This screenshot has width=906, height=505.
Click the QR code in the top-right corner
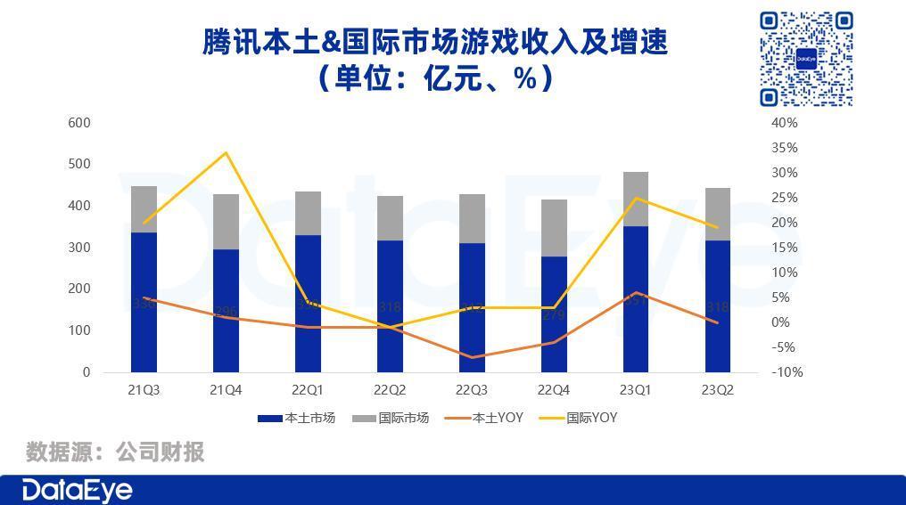pyautogui.click(x=806, y=59)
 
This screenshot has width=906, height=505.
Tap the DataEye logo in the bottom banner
pyautogui.click(x=77, y=491)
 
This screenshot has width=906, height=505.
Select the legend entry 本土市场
pyautogui.click(x=296, y=418)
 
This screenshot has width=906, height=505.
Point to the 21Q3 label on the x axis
pyautogui.click(x=144, y=390)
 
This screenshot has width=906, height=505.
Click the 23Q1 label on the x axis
pyautogui.click(x=636, y=390)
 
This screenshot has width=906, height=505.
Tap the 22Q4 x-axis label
pyautogui.click(x=554, y=390)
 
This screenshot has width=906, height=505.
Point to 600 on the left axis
pyautogui.click(x=79, y=123)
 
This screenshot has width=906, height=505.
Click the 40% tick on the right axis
pyautogui.click(x=785, y=123)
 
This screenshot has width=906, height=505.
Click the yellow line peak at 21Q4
pyautogui.click(x=226, y=152)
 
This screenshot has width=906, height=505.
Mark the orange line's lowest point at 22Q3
pyautogui.click(x=472, y=357)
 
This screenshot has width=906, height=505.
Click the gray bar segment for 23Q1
pyautogui.click(x=636, y=199)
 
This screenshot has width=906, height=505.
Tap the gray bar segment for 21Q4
pyautogui.click(x=226, y=221)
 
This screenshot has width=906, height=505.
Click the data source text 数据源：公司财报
pyautogui.click(x=115, y=452)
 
